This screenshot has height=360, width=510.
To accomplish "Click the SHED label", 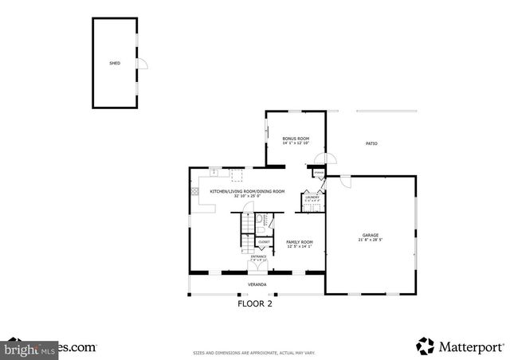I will tap(115, 62).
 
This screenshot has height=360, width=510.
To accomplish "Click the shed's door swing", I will tap(142, 65).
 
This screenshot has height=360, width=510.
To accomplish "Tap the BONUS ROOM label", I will tap(296, 139).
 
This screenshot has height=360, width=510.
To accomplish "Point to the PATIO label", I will tap(371, 143).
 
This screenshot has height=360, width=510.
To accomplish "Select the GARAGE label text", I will tap(371, 235).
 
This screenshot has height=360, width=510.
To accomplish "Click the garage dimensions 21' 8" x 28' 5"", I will tap(371, 240).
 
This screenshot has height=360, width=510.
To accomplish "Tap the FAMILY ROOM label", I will tap(300, 241).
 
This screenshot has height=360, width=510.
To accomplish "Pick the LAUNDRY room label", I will tap(312, 197).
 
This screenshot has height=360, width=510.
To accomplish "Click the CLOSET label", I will tap(264, 241).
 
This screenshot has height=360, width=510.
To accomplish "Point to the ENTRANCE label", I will tap(258, 256).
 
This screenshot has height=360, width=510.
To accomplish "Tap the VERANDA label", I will tap(257, 284).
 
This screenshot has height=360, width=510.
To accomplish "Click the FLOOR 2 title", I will tap(255, 303).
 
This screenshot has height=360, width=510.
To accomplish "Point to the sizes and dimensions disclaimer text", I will tap(255, 351).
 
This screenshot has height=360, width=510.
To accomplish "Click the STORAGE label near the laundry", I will tap(319, 173).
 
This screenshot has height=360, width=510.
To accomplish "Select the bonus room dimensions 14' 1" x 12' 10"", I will tap(296, 143).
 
